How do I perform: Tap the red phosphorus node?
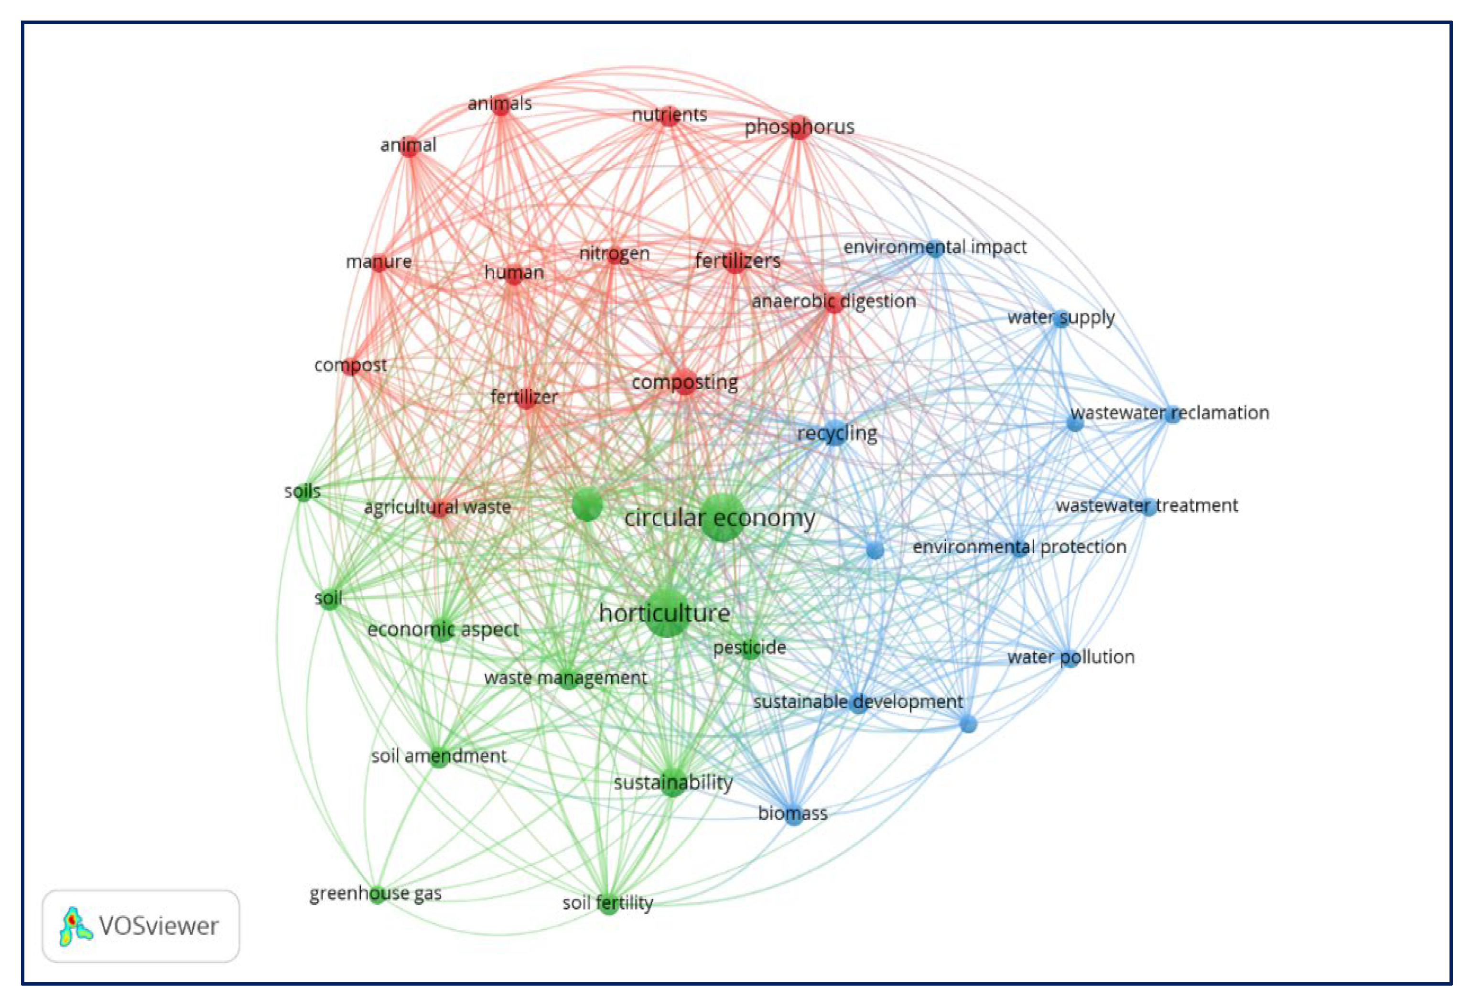pos(800,127)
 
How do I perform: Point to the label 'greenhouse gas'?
pos(375,893)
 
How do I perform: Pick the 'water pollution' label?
pos(1071,657)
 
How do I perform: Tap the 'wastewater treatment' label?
pos(1147,505)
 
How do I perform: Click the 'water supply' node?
pos(1061,318)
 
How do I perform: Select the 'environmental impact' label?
pos(934,247)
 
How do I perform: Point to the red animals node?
pos(501,105)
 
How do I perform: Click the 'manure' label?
pos(379,261)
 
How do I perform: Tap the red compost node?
pos(351,365)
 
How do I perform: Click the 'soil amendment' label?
pos(439,756)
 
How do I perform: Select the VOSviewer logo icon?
pos(75,926)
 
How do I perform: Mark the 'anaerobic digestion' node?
pos(833,302)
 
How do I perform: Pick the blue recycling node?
pos(836,433)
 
